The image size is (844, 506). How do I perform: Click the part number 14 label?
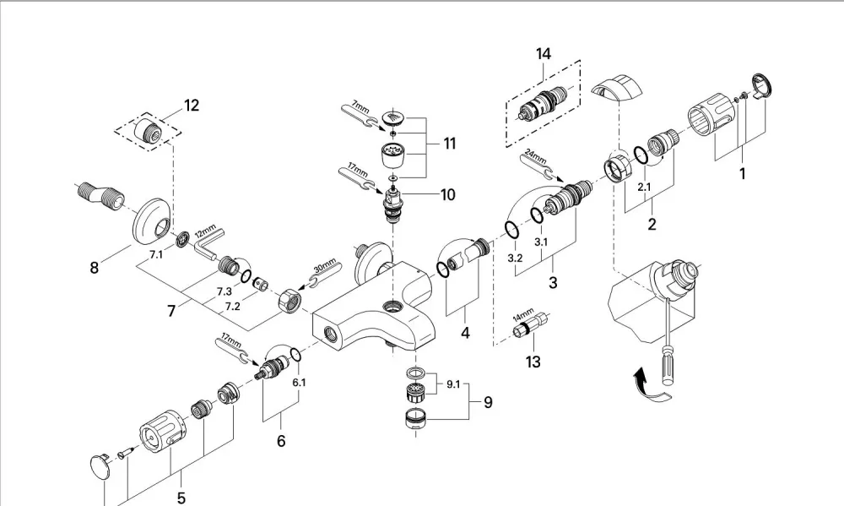click(543, 54)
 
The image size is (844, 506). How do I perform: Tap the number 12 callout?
click(191, 105)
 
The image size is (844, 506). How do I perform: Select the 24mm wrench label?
click(536, 157)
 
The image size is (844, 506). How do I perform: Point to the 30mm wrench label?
click(325, 265)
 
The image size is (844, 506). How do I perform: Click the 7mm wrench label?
click(360, 106)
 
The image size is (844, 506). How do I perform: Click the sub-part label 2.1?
click(644, 188)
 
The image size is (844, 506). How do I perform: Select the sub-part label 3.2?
click(515, 258)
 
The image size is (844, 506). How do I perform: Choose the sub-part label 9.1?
click(453, 384)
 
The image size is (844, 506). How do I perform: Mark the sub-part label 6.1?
click(300, 383)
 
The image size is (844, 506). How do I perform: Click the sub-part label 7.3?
click(225, 291)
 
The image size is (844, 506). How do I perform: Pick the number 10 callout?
click(448, 194)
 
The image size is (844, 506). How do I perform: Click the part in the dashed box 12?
click(148, 130)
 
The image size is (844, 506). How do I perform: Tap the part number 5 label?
click(181, 498)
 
